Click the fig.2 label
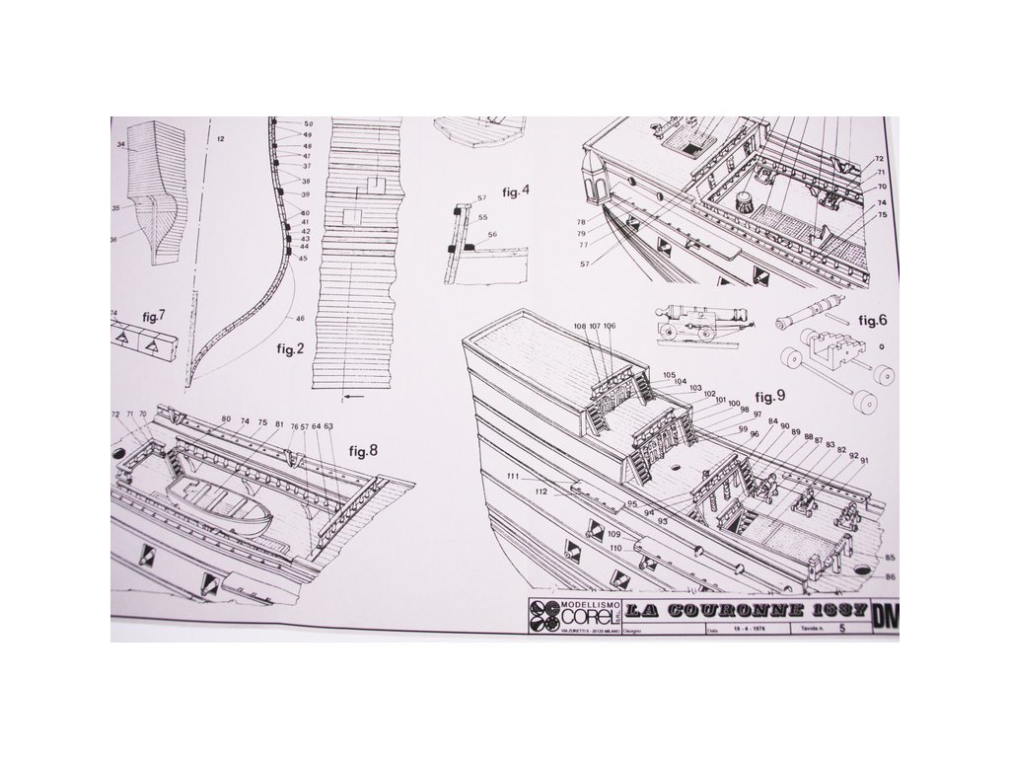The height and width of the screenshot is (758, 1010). pyautogui.click(x=280, y=351)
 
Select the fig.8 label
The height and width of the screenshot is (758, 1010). pyautogui.click(x=363, y=451)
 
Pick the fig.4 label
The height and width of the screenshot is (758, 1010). pyautogui.click(x=516, y=191)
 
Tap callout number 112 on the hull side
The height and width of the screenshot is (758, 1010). pyautogui.click(x=541, y=491)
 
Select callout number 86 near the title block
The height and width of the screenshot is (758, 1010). pyautogui.click(x=891, y=575)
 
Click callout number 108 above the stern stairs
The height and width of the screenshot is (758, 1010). pyautogui.click(x=579, y=326)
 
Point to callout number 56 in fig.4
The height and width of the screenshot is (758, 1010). pyautogui.click(x=492, y=234)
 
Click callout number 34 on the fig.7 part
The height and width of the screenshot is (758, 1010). pyautogui.click(x=121, y=145)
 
